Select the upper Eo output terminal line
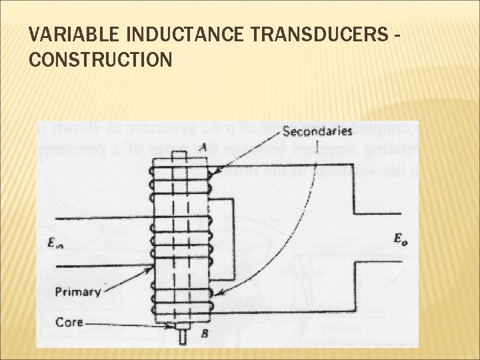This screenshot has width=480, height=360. (x=377, y=213)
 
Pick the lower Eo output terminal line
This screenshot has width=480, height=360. (x=377, y=261)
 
